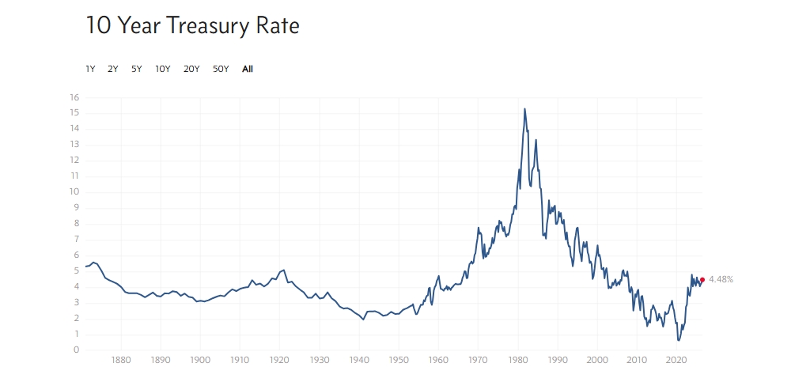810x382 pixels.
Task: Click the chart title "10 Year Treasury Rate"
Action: point(192,26)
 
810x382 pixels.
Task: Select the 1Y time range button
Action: point(90,69)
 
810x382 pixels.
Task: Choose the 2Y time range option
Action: point(112,69)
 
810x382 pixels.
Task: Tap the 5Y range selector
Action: point(136,69)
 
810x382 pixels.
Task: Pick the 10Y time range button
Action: point(163,69)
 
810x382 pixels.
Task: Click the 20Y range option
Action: point(191,69)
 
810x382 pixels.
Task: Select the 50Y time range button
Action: point(221,69)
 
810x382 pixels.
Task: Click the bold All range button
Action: point(248,69)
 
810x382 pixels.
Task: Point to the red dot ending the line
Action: point(702,279)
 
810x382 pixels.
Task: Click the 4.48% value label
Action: point(721,279)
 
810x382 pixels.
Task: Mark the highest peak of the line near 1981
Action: point(524,108)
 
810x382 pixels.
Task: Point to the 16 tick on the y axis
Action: point(74,97)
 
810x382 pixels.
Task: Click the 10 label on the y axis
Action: point(74,192)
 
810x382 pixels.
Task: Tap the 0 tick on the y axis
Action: point(77,350)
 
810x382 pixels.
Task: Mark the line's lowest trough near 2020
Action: point(678,341)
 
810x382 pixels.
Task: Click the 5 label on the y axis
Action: point(77,271)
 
